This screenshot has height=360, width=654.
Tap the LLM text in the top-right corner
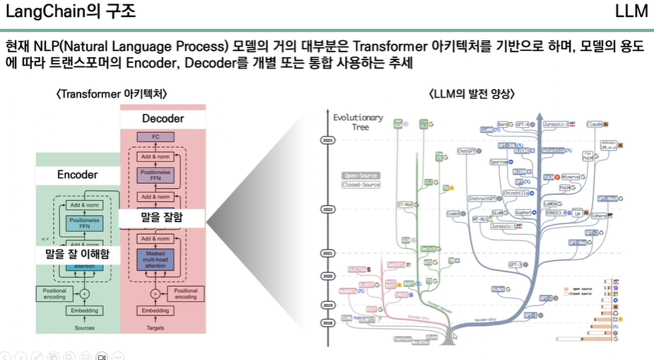pyautogui.click(x=631, y=12)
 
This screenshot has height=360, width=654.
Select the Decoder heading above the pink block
pyautogui.click(x=163, y=118)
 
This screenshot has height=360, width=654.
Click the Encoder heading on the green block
pyautogui.click(x=77, y=174)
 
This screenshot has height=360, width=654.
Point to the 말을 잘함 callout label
pyautogui.click(x=163, y=218)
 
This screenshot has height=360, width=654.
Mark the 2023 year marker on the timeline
pyautogui.click(x=327, y=141)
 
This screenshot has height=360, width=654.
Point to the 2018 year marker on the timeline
pyautogui.click(x=327, y=323)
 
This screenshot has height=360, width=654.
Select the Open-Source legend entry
pyautogui.click(x=361, y=175)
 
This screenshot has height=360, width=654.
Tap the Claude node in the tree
pyautogui.click(x=595, y=124)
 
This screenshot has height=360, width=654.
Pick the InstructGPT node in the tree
pyautogui.click(x=484, y=199)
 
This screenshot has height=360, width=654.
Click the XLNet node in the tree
pyautogui.click(x=498, y=289)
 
